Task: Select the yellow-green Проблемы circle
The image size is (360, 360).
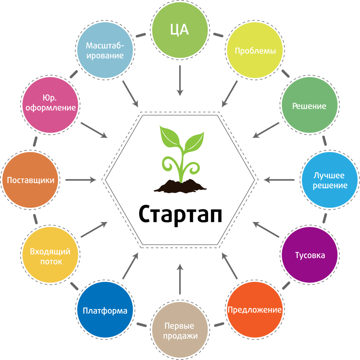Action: [255, 50]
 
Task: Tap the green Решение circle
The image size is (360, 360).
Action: [309, 106]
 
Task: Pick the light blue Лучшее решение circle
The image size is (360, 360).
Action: [330, 180]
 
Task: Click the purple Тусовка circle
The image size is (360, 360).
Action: [310, 255]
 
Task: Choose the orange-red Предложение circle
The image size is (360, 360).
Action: [255, 310]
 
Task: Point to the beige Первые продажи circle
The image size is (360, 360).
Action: [180, 330]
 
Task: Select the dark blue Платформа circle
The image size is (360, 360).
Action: [105, 310]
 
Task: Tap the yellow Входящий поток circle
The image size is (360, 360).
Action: [50, 256]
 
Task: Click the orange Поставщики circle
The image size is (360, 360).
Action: [31, 180]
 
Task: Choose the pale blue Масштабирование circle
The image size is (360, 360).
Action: [105, 50]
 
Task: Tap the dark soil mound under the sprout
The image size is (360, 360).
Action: [180, 186]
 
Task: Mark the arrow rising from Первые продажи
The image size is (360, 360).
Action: [180, 279]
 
